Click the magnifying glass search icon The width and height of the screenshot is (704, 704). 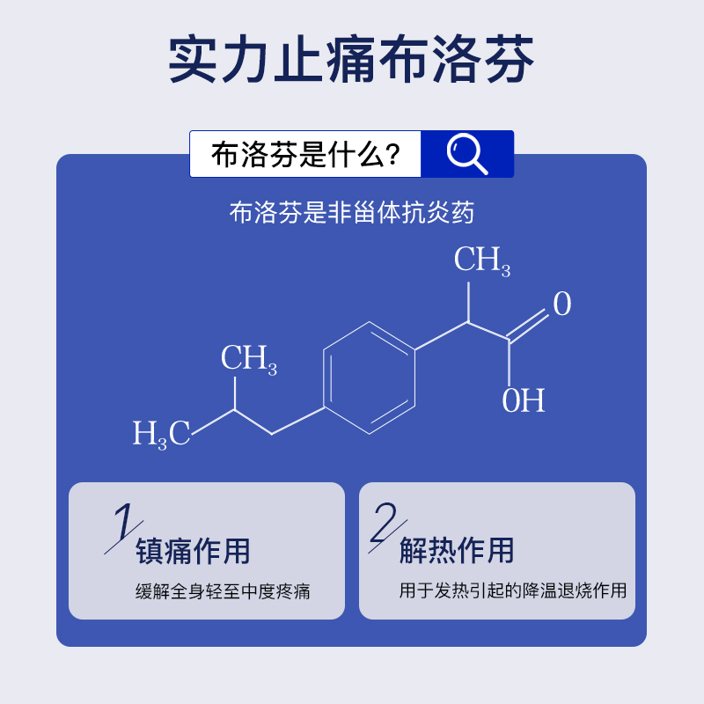coord(467,155)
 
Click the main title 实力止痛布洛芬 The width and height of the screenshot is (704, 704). coord(352,59)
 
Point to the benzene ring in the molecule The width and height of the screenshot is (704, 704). coord(369,378)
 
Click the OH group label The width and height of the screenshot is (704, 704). coord(524,400)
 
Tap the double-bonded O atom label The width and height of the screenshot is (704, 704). coord(561,304)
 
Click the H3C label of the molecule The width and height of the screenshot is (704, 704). coord(161,434)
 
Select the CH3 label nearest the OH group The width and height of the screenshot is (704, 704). coord(481,260)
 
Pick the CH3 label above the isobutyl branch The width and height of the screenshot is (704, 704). coord(248,359)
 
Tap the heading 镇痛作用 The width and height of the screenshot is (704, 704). coord(193,552)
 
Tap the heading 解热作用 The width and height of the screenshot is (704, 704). coord(457,552)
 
